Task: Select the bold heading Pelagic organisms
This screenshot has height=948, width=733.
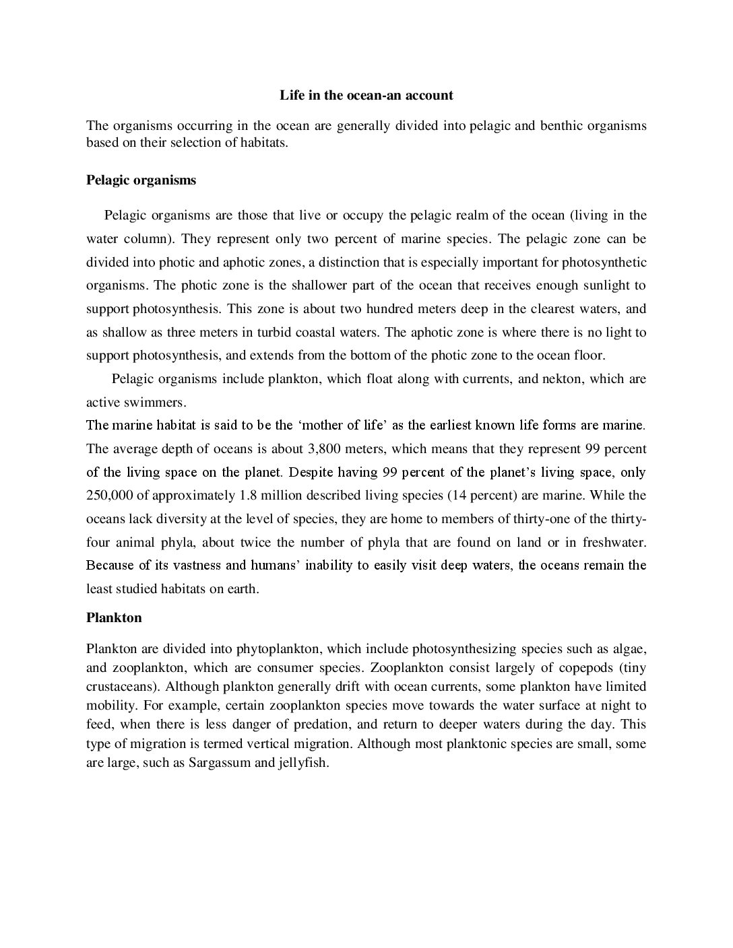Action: click(x=141, y=180)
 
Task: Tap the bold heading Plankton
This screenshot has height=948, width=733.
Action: click(x=114, y=617)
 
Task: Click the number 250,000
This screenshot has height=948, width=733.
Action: click(x=111, y=496)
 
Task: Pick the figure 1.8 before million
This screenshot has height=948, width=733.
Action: click(x=249, y=496)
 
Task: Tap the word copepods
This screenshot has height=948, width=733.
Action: click(x=584, y=668)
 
